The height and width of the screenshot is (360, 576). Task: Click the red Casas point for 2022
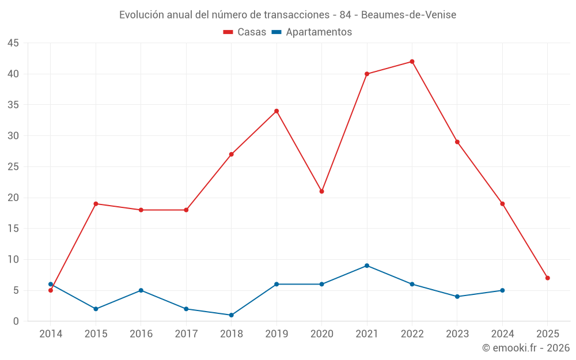(412, 62)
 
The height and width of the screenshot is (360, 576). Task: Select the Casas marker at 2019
(276, 111)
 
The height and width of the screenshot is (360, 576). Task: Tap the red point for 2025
(548, 278)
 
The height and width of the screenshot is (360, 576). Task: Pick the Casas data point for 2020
(321, 191)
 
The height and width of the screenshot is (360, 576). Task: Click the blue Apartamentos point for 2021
(367, 266)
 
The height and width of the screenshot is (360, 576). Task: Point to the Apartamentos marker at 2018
(231, 315)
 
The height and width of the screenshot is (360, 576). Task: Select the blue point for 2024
(502, 290)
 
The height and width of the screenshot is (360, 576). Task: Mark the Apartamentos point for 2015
(96, 309)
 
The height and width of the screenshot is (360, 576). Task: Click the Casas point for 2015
(96, 204)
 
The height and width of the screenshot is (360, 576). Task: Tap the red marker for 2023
(457, 142)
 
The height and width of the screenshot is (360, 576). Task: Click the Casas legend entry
(245, 32)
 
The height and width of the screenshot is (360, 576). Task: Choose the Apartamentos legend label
(318, 32)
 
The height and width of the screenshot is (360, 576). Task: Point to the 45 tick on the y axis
(13, 43)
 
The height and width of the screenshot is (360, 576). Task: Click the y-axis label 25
(13, 167)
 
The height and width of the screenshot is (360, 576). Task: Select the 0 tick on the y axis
(16, 321)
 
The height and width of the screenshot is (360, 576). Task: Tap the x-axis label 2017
(186, 334)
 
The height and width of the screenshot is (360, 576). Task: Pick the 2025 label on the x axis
(548, 334)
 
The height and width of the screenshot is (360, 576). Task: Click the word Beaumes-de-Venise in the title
(408, 15)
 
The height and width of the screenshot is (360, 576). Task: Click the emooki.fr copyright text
(526, 348)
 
